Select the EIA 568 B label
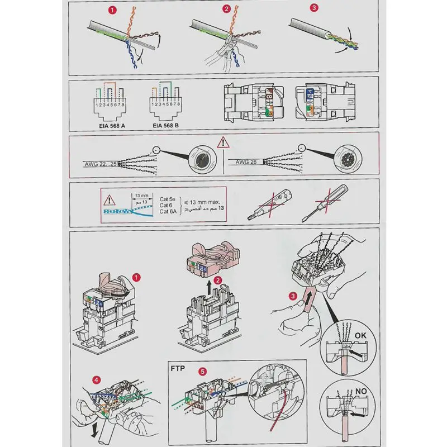coord(167,126)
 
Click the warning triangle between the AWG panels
coord(223,141)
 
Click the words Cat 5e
coord(168,198)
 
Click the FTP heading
coord(178,369)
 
